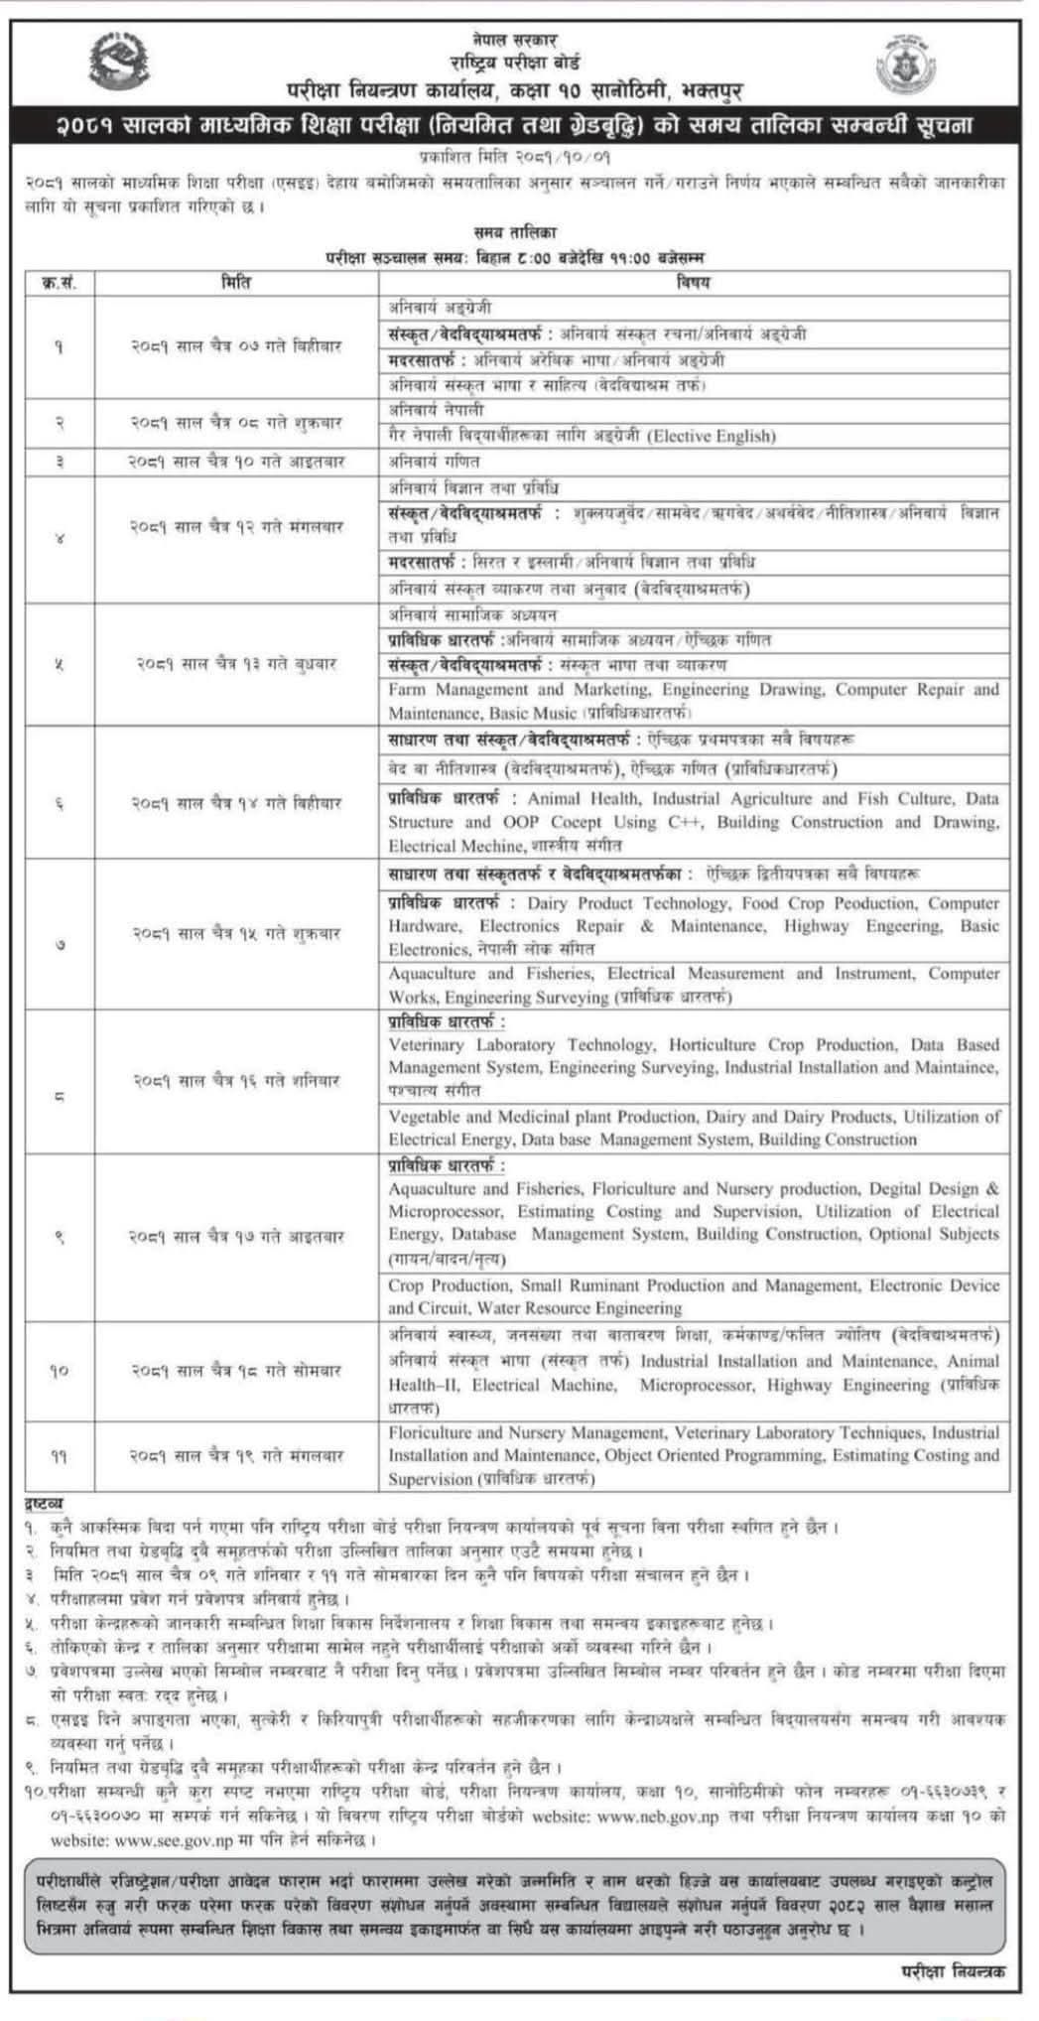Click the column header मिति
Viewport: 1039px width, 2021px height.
(236, 282)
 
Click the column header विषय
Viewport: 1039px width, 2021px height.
(694, 282)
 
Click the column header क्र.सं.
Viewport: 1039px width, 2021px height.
(60, 282)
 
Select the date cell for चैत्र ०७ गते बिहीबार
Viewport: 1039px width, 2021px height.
(236, 346)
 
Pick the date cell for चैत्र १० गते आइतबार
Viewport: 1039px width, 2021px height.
(236, 462)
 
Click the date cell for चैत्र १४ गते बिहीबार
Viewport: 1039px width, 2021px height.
(236, 803)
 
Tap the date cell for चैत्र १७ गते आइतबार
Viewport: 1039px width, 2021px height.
(236, 1237)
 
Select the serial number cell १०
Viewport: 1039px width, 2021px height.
(60, 1371)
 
